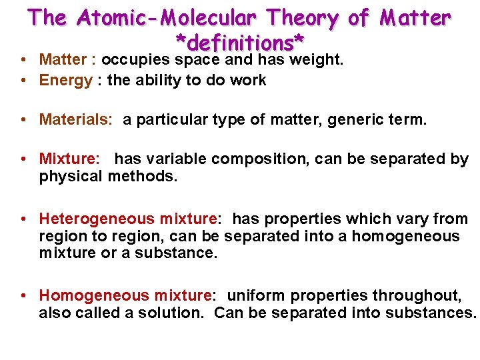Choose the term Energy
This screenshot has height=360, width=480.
tap(66, 81)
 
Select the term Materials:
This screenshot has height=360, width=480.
tap(76, 120)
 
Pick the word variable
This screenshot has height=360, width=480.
tap(178, 159)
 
